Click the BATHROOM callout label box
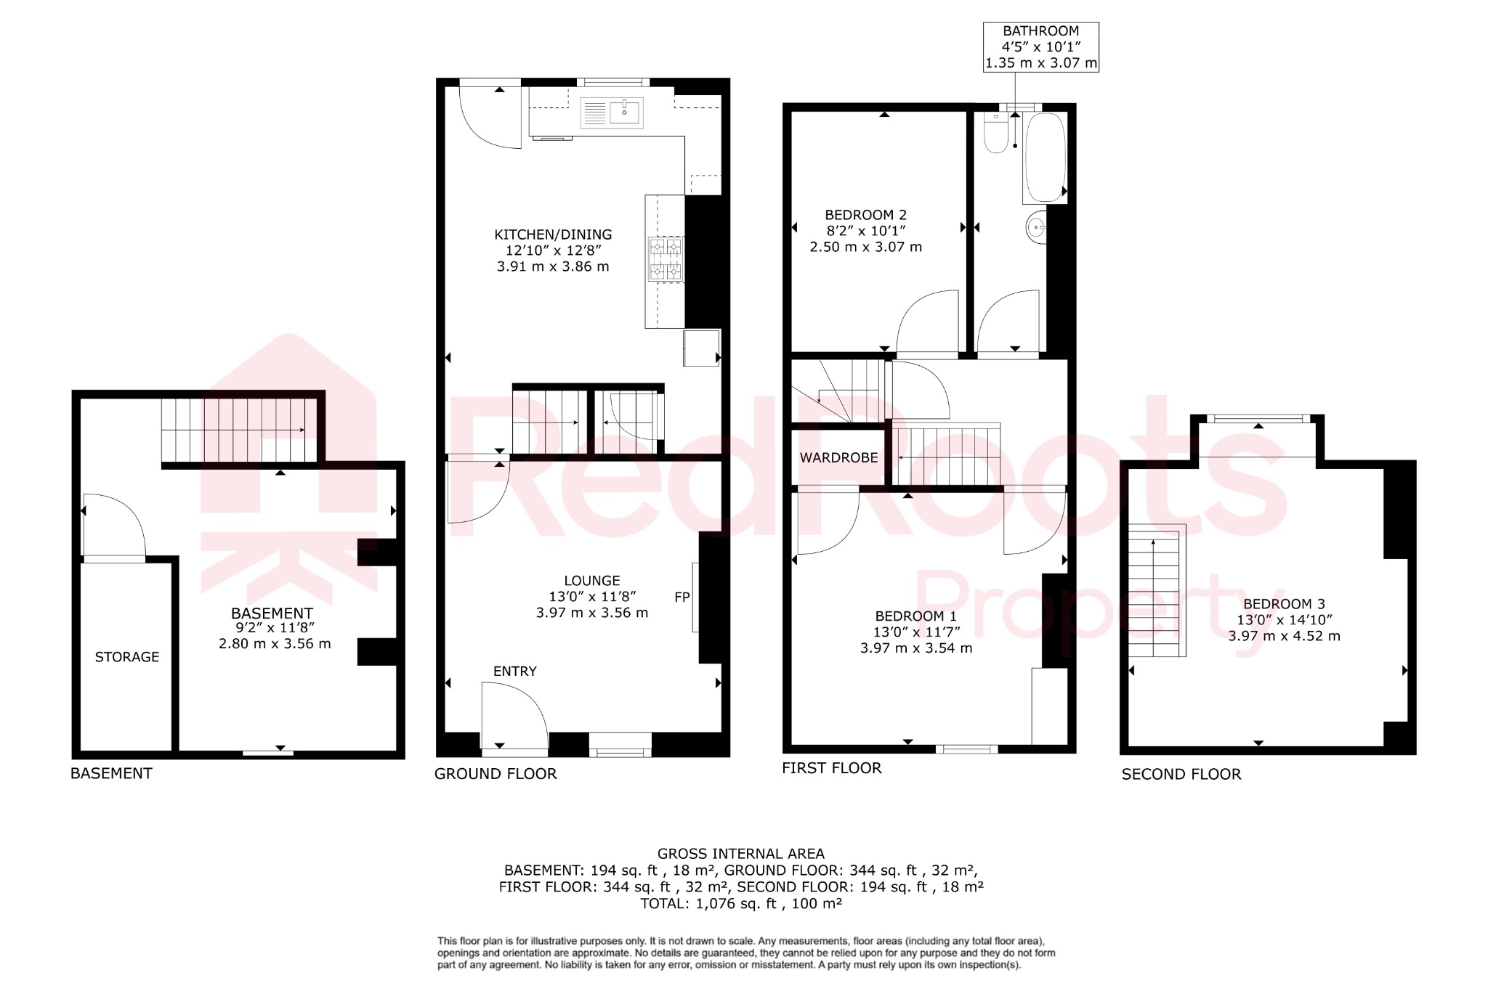[x=1040, y=46]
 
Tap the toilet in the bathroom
[x=995, y=134]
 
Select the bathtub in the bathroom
[x=1045, y=158]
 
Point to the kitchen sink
[x=612, y=113]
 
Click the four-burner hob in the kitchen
[x=666, y=259]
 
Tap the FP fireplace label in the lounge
[x=682, y=598]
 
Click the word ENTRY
[x=514, y=672]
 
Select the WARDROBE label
[x=838, y=458]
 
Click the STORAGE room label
[x=127, y=657]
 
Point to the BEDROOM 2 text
[x=865, y=215]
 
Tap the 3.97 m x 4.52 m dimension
[x=1284, y=636]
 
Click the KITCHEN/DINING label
[x=553, y=235]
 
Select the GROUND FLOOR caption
[x=496, y=774]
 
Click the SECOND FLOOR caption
[x=1181, y=775]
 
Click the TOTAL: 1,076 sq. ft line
[x=740, y=904]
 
